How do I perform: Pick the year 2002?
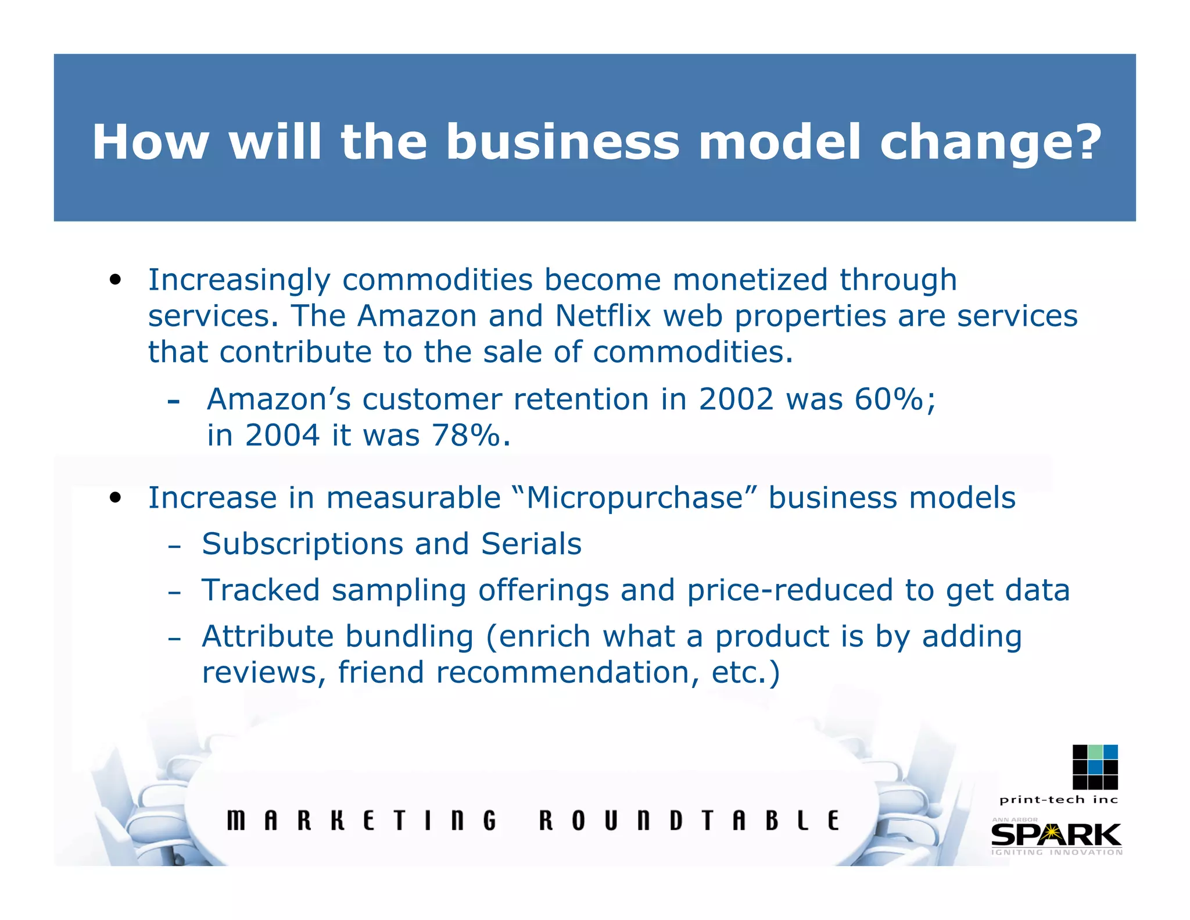click(x=736, y=400)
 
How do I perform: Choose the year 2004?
click(x=282, y=436)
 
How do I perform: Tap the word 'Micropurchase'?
click(x=635, y=498)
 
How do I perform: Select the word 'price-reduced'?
click(x=790, y=590)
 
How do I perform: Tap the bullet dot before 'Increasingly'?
click(x=116, y=280)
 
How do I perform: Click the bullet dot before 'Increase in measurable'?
click(x=116, y=498)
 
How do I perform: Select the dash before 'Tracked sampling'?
click(x=174, y=593)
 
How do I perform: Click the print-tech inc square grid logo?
click(x=1095, y=767)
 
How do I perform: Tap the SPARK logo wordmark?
click(x=1056, y=835)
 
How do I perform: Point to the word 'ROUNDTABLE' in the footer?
click(x=689, y=821)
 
